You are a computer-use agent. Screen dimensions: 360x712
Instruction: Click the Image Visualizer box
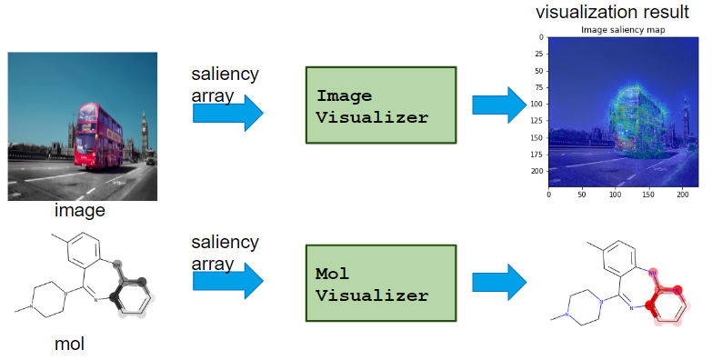pos(379,105)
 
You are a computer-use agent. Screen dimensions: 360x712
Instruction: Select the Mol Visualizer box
pos(379,285)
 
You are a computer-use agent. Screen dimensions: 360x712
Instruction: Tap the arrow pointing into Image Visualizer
pos(227,113)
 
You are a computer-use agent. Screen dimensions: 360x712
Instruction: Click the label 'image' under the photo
pos(80,211)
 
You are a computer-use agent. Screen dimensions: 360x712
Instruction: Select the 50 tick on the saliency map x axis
pos(582,194)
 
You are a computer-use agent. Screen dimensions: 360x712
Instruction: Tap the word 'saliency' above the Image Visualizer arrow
pos(225,75)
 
